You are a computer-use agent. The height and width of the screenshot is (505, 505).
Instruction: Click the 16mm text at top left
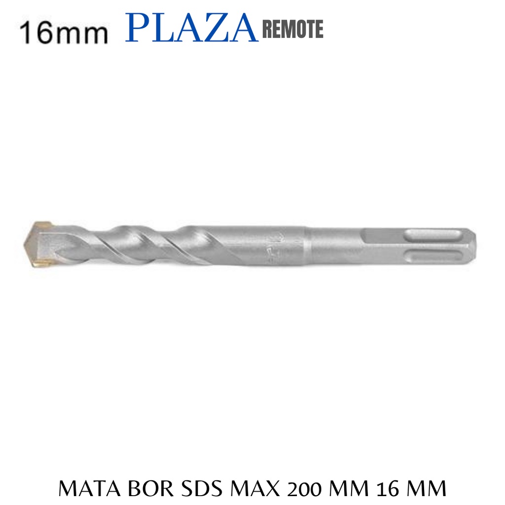(64, 33)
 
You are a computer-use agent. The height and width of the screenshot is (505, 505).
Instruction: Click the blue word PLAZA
(192, 28)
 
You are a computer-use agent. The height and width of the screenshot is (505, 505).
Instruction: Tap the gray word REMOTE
(293, 29)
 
